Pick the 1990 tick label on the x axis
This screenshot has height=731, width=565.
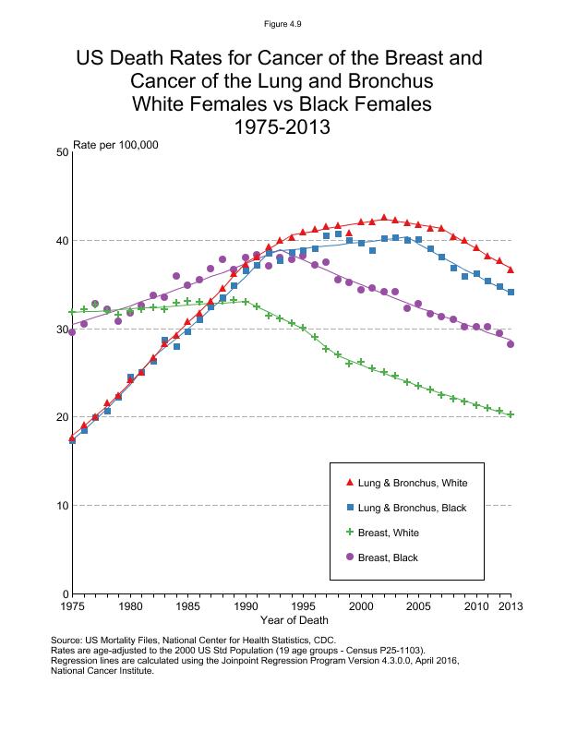click(x=246, y=605)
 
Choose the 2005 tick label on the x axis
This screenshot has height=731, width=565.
click(x=418, y=605)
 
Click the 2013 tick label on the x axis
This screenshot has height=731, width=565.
click(x=511, y=605)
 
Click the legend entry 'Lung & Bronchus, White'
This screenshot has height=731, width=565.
click(x=413, y=483)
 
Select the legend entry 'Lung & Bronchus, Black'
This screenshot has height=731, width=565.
click(x=413, y=508)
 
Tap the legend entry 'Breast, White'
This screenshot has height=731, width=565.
click(x=391, y=532)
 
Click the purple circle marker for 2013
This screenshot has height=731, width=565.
click(x=511, y=344)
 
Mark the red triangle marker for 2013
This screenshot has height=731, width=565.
click(x=511, y=270)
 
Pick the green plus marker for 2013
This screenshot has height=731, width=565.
click(x=511, y=414)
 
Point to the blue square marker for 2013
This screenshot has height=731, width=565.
click(x=511, y=293)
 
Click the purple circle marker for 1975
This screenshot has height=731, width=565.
click(x=72, y=332)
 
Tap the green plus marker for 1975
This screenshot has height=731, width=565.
click(x=72, y=312)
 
